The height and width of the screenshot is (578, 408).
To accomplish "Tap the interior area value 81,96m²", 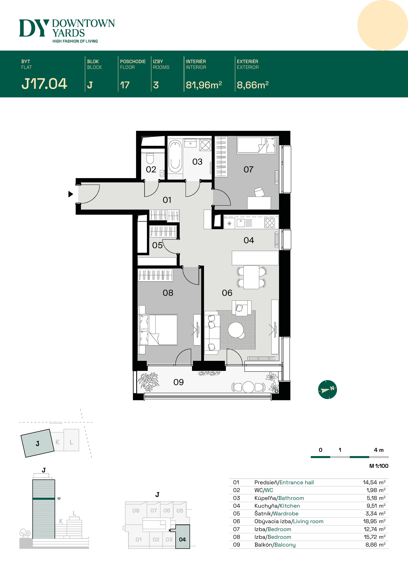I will [x=204, y=85].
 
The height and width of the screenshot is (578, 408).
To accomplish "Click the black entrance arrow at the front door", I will [x=71, y=194].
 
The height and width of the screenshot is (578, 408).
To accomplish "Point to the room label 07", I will [x=248, y=169].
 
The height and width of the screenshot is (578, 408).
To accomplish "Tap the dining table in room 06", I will [x=251, y=277].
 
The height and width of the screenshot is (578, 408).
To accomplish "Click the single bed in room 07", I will [x=256, y=145].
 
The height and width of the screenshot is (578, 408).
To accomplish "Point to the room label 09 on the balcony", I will [x=178, y=382].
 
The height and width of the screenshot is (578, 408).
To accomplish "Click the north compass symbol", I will [x=327, y=390].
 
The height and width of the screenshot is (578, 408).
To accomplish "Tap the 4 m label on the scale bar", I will [x=379, y=450].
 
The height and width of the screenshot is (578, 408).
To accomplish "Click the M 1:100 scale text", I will [x=379, y=466].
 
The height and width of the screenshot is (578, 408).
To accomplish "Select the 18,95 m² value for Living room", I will [x=374, y=521].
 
